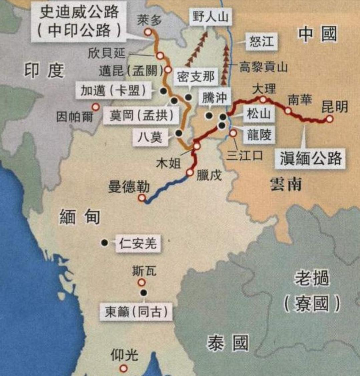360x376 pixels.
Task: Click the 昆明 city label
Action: [334, 107]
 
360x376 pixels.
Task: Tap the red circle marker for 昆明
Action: [330, 119]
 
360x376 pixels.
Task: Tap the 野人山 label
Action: [210, 17]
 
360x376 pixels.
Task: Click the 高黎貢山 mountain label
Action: [263, 68]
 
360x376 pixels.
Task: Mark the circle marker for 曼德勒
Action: [142, 198]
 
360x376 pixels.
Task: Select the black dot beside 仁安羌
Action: [105, 243]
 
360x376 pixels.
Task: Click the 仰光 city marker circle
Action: [124, 368]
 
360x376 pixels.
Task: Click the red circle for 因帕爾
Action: [96, 107]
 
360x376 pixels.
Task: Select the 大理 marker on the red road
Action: [263, 99]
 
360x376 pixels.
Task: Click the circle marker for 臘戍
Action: [190, 173]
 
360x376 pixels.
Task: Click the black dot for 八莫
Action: [179, 133]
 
